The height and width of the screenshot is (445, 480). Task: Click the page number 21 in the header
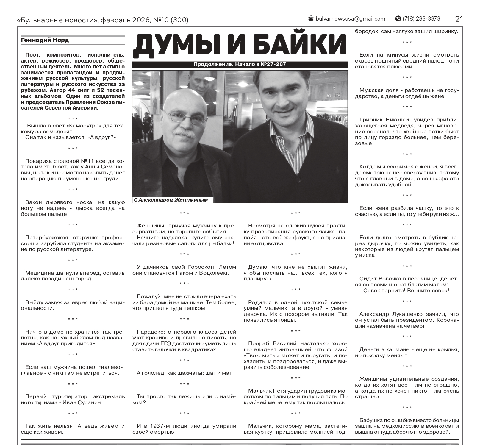tap(459, 19)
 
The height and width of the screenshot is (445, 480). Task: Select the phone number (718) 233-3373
tap(421, 19)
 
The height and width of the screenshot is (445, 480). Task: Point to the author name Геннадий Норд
tap(45, 40)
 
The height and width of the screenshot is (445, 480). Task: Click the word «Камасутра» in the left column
tap(79, 126)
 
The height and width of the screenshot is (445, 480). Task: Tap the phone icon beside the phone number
tap(398, 19)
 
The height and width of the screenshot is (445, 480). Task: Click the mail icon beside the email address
tap(311, 19)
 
